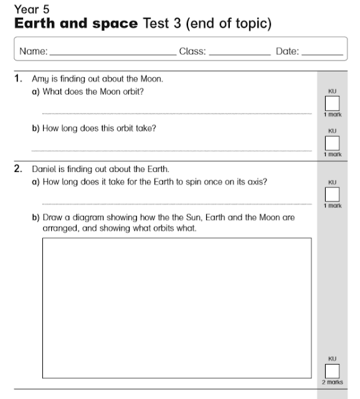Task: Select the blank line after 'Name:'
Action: (112, 55)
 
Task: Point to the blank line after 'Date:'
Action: (321, 55)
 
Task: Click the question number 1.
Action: (19, 79)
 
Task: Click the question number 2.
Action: (19, 168)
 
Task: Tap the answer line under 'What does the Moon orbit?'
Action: (176, 113)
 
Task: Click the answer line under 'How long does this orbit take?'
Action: (176, 150)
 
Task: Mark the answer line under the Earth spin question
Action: (176, 203)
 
